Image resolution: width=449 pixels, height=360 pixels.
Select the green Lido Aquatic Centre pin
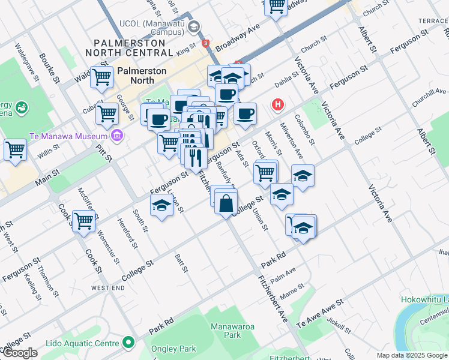point(127,343)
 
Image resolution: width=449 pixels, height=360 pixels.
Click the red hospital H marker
point(277,105)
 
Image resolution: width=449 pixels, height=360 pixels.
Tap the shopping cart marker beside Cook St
point(83,221)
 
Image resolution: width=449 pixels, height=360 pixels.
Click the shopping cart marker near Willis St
point(15,150)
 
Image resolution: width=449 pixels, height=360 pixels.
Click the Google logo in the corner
point(20,353)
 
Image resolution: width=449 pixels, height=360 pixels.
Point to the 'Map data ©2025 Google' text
point(411,355)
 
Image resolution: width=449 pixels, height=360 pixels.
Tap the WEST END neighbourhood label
point(108,288)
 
